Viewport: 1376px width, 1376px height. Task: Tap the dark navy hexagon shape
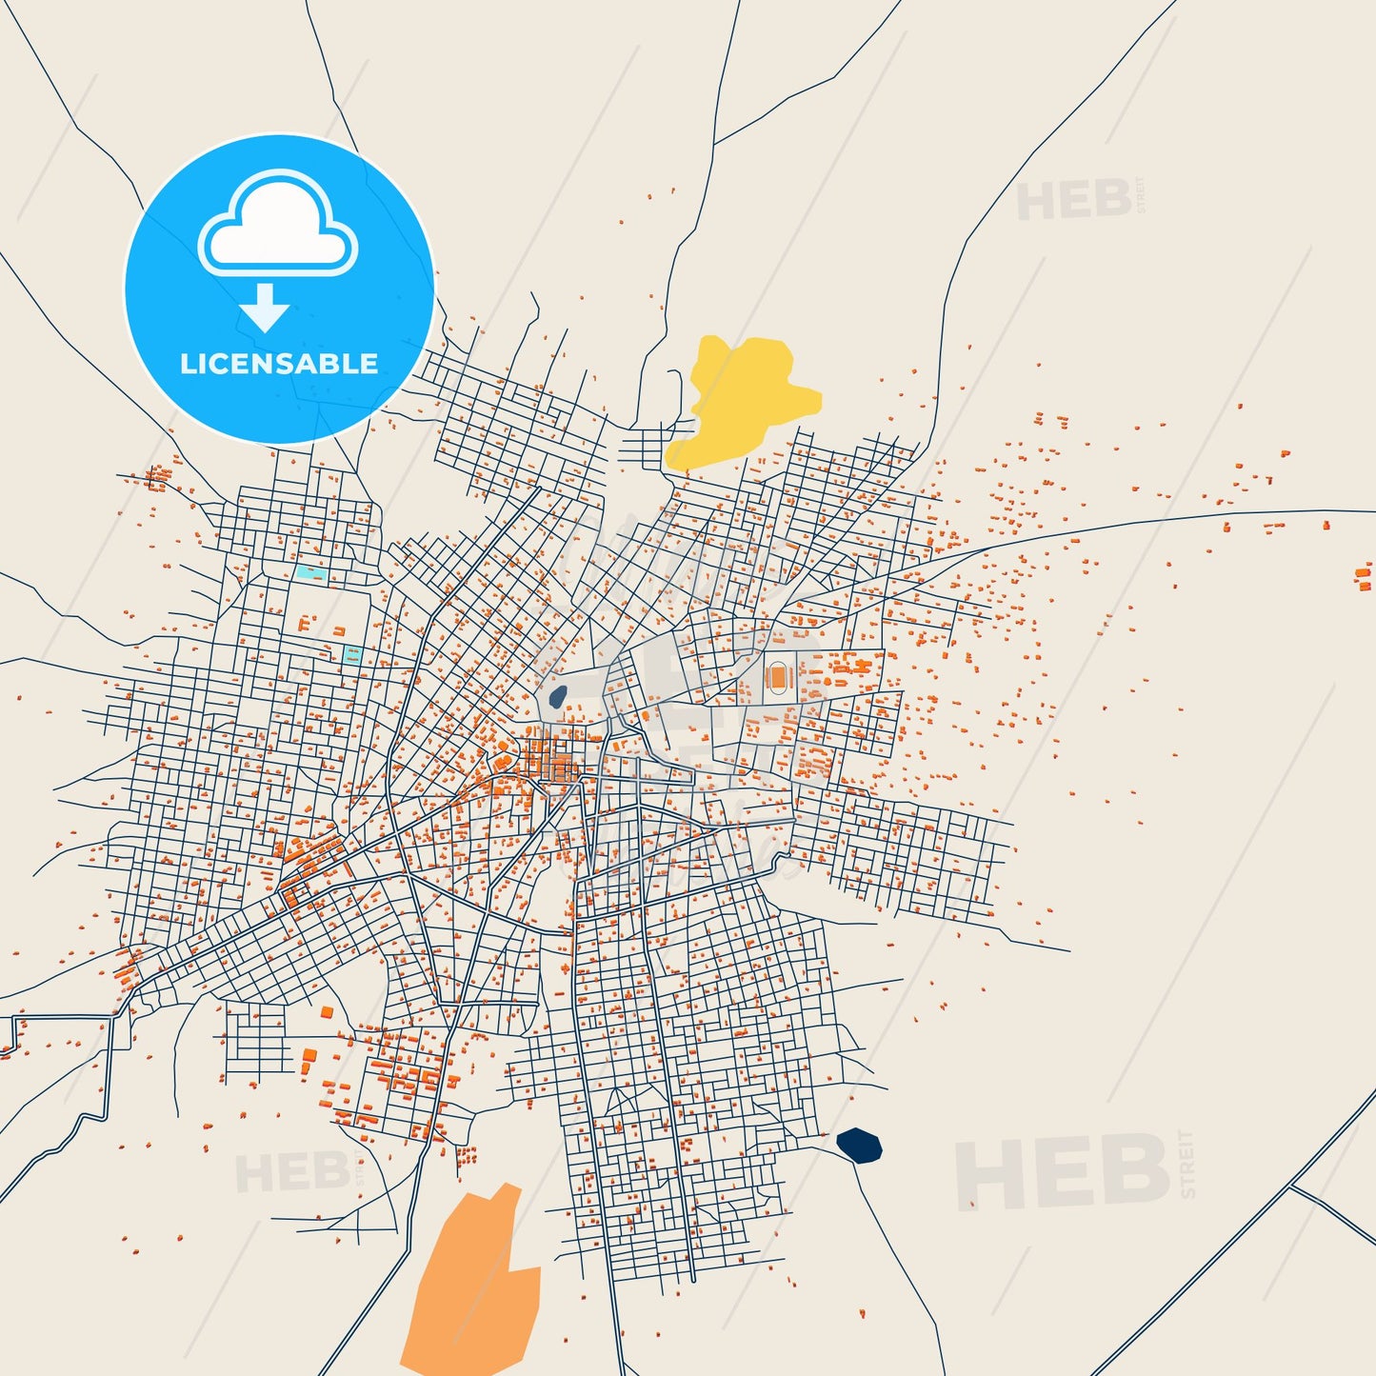pyautogui.click(x=859, y=1146)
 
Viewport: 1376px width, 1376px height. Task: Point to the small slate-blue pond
pyautogui.click(x=557, y=696)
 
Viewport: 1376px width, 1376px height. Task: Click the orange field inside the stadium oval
pyautogui.click(x=778, y=677)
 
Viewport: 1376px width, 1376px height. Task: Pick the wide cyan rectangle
pyautogui.click(x=310, y=573)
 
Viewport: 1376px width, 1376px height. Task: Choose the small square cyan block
pyautogui.click(x=352, y=655)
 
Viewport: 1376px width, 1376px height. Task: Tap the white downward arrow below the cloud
pyautogui.click(x=265, y=308)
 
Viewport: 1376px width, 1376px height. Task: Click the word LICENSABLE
pyautogui.click(x=279, y=364)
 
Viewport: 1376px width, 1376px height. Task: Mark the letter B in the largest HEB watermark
pyautogui.click(x=1136, y=1170)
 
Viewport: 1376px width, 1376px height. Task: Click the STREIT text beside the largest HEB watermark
pyautogui.click(x=1186, y=1164)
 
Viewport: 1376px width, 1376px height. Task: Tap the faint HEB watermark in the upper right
pyautogui.click(x=1074, y=201)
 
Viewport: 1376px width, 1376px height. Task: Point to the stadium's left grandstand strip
pyautogui.click(x=766, y=677)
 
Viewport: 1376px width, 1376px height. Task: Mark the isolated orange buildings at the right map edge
pyautogui.click(x=1365, y=577)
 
